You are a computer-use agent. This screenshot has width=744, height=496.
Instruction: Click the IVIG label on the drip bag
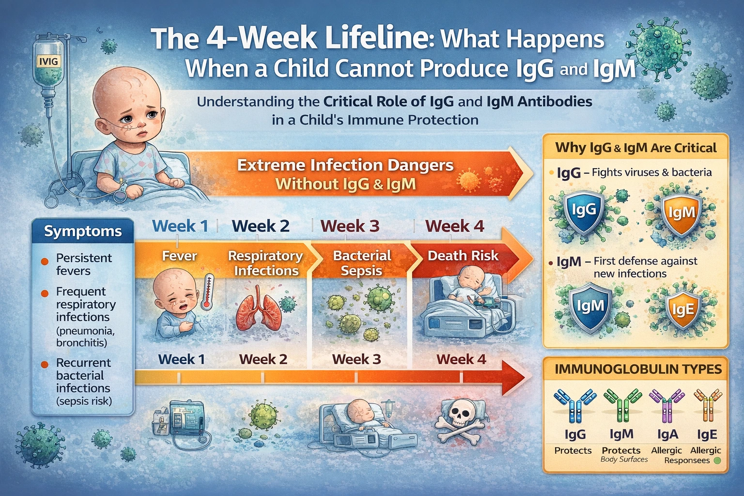click(x=48, y=62)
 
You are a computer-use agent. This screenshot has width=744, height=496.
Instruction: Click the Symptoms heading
click(x=83, y=231)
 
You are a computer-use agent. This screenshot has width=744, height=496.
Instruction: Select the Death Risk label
click(x=463, y=256)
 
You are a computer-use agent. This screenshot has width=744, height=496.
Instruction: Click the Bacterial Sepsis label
click(x=362, y=263)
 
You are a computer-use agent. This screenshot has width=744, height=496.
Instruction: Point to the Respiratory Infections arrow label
click(x=265, y=263)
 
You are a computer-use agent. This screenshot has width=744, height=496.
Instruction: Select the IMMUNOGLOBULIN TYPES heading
click(x=638, y=369)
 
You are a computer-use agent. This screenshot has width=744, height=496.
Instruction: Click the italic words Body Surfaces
click(x=624, y=459)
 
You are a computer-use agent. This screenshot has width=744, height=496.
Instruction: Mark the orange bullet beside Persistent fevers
click(x=45, y=261)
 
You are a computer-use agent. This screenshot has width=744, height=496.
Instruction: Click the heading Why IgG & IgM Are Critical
click(x=635, y=148)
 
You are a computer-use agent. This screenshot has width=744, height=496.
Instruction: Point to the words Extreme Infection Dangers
click(x=345, y=165)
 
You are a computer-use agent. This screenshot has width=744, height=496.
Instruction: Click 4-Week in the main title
click(x=259, y=39)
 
